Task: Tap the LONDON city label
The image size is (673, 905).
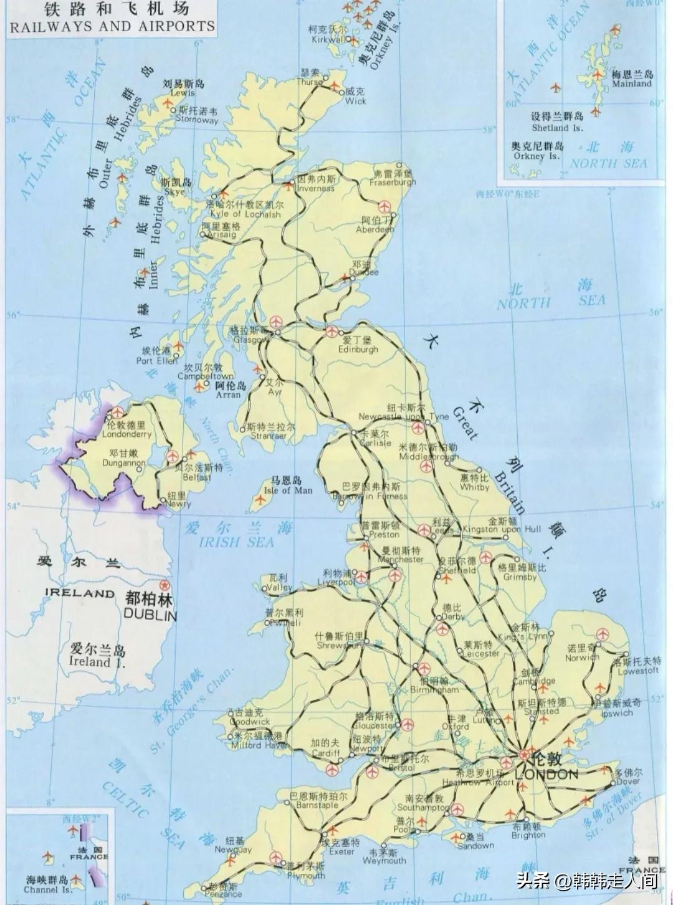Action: click(x=547, y=775)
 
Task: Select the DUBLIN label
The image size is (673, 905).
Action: click(x=150, y=615)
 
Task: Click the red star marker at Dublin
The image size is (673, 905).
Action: click(x=165, y=585)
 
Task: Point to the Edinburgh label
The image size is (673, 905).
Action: click(x=358, y=349)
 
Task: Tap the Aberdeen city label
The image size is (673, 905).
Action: click(x=375, y=229)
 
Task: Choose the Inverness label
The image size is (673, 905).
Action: click(x=316, y=188)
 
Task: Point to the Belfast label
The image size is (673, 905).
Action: click(x=198, y=477)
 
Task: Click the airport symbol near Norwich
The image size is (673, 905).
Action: click(x=602, y=634)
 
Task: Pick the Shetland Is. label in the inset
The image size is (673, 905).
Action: click(x=557, y=128)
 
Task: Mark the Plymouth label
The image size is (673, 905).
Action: click(x=306, y=875)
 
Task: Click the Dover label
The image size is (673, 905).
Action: click(x=628, y=781)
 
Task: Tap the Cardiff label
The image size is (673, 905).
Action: click(x=325, y=752)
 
